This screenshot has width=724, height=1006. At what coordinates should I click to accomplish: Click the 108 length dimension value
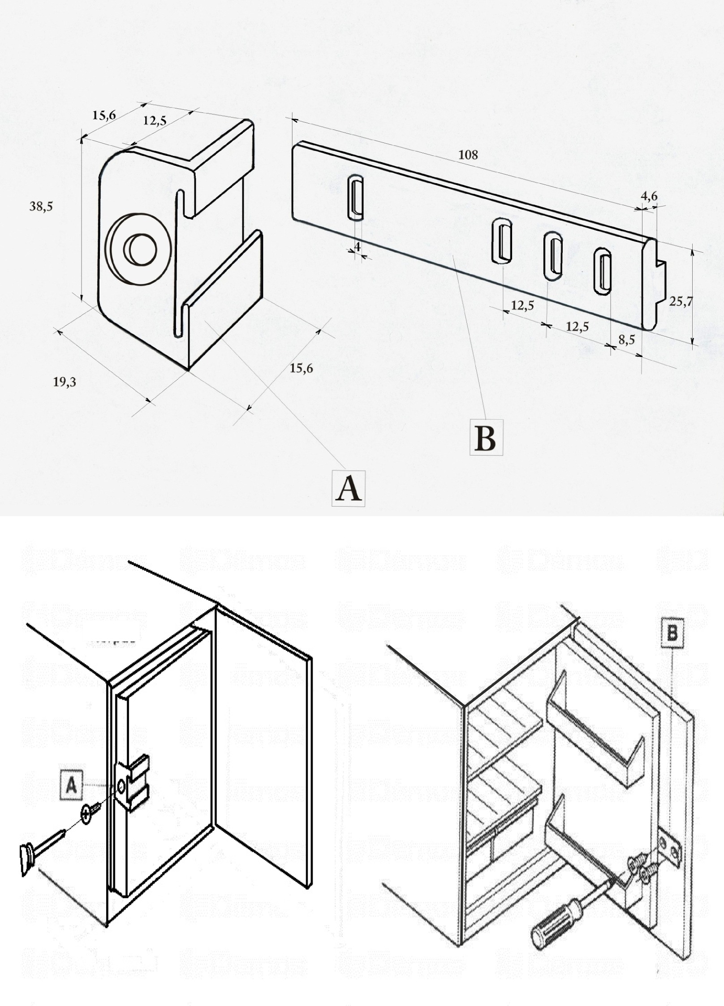tap(468, 155)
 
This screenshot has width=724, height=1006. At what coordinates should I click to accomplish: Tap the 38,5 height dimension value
tap(41, 206)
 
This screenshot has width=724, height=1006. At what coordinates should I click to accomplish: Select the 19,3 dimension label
tap(65, 382)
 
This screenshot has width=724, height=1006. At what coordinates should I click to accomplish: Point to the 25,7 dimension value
tap(681, 302)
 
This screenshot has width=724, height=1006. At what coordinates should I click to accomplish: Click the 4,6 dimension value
tap(649, 196)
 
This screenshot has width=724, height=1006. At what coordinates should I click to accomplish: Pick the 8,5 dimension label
tap(626, 340)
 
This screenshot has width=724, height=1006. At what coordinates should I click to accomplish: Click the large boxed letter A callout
tap(348, 489)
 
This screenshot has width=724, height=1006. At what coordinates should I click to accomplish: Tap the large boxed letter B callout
tap(486, 438)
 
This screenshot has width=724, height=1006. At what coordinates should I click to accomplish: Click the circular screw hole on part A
tap(140, 250)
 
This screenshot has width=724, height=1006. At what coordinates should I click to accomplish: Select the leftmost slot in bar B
tap(356, 198)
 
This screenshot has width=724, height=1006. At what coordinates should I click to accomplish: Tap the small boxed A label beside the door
tap(71, 786)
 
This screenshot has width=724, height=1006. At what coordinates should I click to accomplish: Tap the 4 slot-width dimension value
tap(357, 247)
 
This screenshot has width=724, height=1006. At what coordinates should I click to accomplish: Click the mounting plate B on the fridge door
tap(670, 847)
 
